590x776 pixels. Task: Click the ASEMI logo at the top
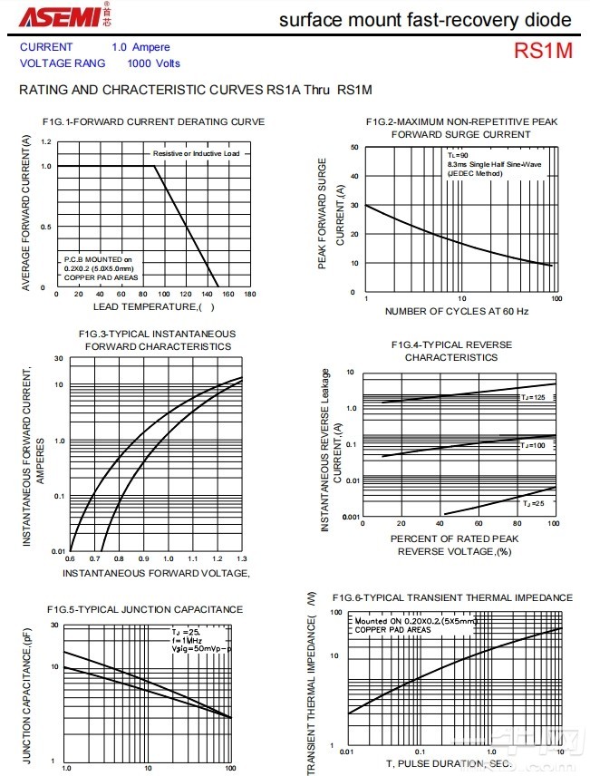[55, 18]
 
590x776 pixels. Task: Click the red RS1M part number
[543, 51]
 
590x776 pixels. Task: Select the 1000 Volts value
[153, 63]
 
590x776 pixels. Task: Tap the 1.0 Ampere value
[140, 47]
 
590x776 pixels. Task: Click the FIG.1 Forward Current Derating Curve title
[153, 121]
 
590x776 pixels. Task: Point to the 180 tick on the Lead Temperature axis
[250, 294]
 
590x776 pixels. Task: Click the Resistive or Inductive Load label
[196, 154]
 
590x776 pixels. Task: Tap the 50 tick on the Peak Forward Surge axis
[354, 147]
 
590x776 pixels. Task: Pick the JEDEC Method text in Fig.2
[474, 172]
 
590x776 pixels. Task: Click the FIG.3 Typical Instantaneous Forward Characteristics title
[157, 340]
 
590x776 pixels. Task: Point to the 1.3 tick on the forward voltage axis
[241, 559]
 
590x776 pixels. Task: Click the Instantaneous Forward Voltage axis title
[155, 573]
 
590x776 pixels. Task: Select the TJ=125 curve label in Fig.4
[532, 397]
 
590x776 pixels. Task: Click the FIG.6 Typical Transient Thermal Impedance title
[452, 597]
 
